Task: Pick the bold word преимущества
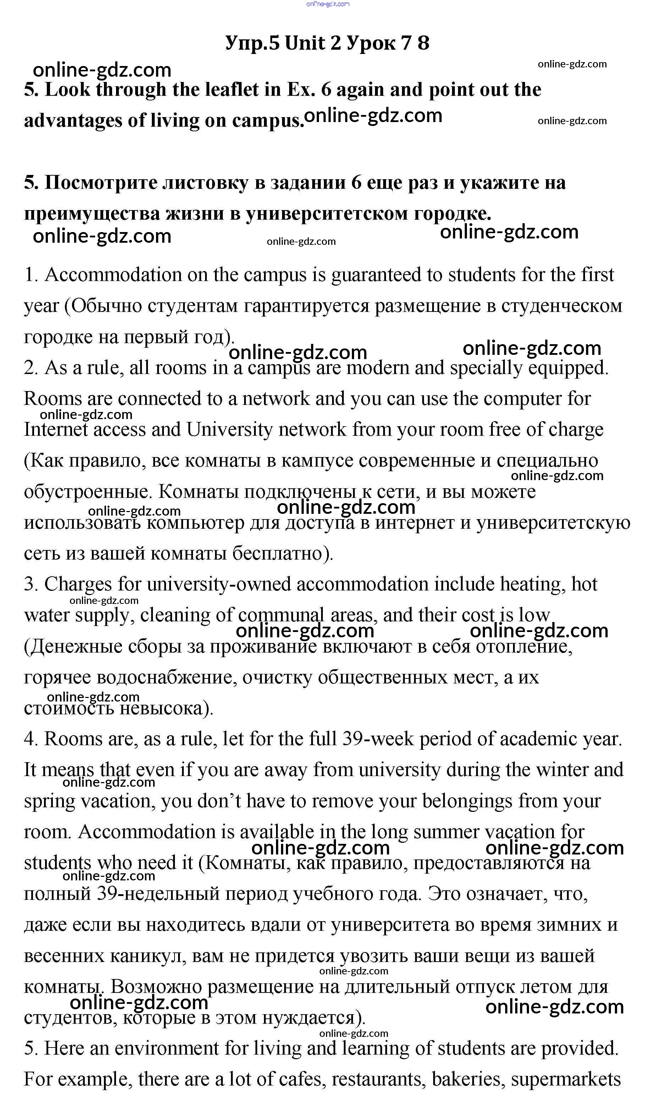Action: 92,214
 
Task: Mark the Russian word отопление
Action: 524,647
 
